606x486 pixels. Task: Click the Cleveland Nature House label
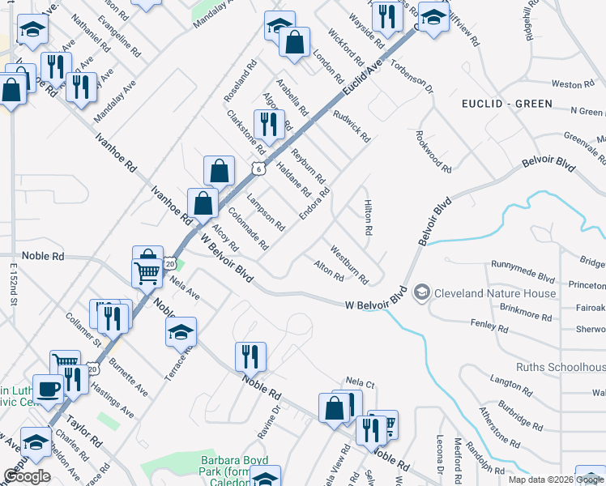click(494, 293)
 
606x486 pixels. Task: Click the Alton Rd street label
click(329, 271)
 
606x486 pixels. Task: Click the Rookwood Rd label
click(433, 151)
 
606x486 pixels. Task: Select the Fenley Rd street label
click(489, 325)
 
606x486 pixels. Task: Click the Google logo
click(26, 476)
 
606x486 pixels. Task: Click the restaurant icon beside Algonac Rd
click(266, 124)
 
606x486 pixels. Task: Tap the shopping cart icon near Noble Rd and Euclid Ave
click(147, 272)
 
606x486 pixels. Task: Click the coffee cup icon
click(48, 389)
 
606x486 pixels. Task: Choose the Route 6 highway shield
click(257, 168)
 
